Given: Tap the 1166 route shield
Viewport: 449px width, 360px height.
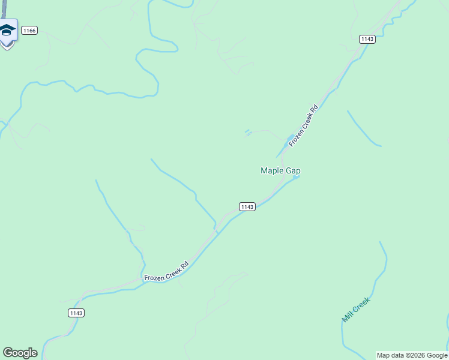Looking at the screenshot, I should [x=29, y=30].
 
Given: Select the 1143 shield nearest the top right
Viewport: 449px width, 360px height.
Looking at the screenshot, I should [x=367, y=39].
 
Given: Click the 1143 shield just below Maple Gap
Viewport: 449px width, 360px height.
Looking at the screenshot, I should [x=247, y=206].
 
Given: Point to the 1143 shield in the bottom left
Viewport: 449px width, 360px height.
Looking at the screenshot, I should [x=76, y=313].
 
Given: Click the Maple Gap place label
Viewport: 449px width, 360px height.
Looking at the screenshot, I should [x=280, y=171].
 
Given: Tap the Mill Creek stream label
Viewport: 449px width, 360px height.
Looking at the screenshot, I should [x=356, y=310].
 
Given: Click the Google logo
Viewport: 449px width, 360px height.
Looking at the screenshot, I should [x=20, y=353].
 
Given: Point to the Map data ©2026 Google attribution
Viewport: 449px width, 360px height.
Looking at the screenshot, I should [x=412, y=355].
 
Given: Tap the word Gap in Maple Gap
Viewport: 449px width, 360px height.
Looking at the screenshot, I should [x=293, y=171].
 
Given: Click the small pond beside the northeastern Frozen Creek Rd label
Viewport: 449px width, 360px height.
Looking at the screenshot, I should [x=291, y=140].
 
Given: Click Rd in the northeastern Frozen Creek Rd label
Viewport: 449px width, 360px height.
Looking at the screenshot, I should [x=313, y=110].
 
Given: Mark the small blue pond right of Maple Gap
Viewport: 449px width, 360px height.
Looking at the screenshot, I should [x=296, y=177].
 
